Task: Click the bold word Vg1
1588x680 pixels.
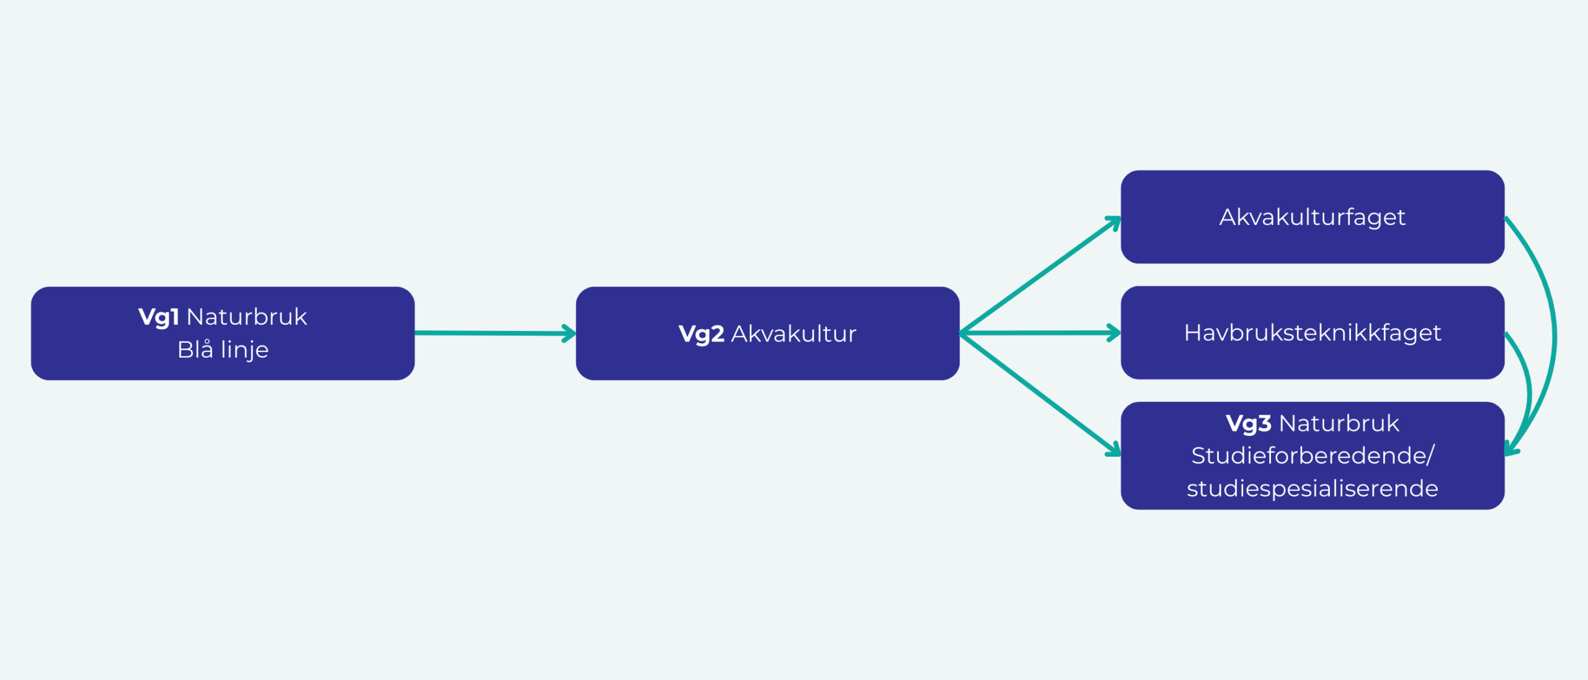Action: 158,317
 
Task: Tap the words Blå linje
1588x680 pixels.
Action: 223,350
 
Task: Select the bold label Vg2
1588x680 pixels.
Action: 701,334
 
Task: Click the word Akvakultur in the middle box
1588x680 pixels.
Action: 793,334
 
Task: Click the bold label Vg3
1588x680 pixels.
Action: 1248,423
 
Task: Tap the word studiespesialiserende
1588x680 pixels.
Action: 1312,488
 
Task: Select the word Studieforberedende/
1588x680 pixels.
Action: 1312,456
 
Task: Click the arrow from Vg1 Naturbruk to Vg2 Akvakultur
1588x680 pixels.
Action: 490,333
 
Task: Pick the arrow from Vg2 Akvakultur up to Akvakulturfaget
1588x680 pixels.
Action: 1039,276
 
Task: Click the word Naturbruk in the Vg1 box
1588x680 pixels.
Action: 246,317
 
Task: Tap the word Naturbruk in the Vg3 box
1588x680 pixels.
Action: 1339,423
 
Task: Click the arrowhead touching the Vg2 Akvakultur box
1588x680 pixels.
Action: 569,333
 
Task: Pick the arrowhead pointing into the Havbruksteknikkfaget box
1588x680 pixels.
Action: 1114,333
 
